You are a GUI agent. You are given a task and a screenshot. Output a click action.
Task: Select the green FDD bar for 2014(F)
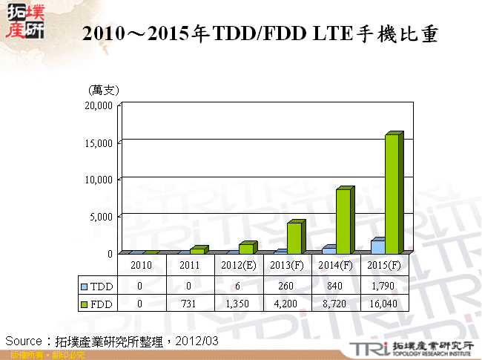pyautogui.click(x=343, y=221)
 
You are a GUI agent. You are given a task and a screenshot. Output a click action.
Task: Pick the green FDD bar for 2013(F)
pyautogui.click(x=294, y=238)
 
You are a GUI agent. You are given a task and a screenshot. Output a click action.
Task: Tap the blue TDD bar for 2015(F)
pyautogui.click(x=377, y=246)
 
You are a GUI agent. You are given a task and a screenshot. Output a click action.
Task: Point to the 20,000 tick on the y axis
pyautogui.click(x=99, y=105)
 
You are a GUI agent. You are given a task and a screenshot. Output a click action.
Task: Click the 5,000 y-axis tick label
pyautogui.click(x=102, y=217)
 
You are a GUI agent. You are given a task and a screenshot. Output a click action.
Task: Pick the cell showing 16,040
pyautogui.click(x=384, y=303)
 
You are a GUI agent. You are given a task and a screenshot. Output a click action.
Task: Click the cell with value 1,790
pyautogui.click(x=384, y=285)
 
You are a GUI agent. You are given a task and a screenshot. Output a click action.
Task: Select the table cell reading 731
pyautogui.click(x=189, y=303)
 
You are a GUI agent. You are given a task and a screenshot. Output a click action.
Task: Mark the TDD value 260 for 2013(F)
pyautogui.click(x=288, y=285)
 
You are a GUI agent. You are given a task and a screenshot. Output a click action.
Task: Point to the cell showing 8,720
pyautogui.click(x=336, y=303)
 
